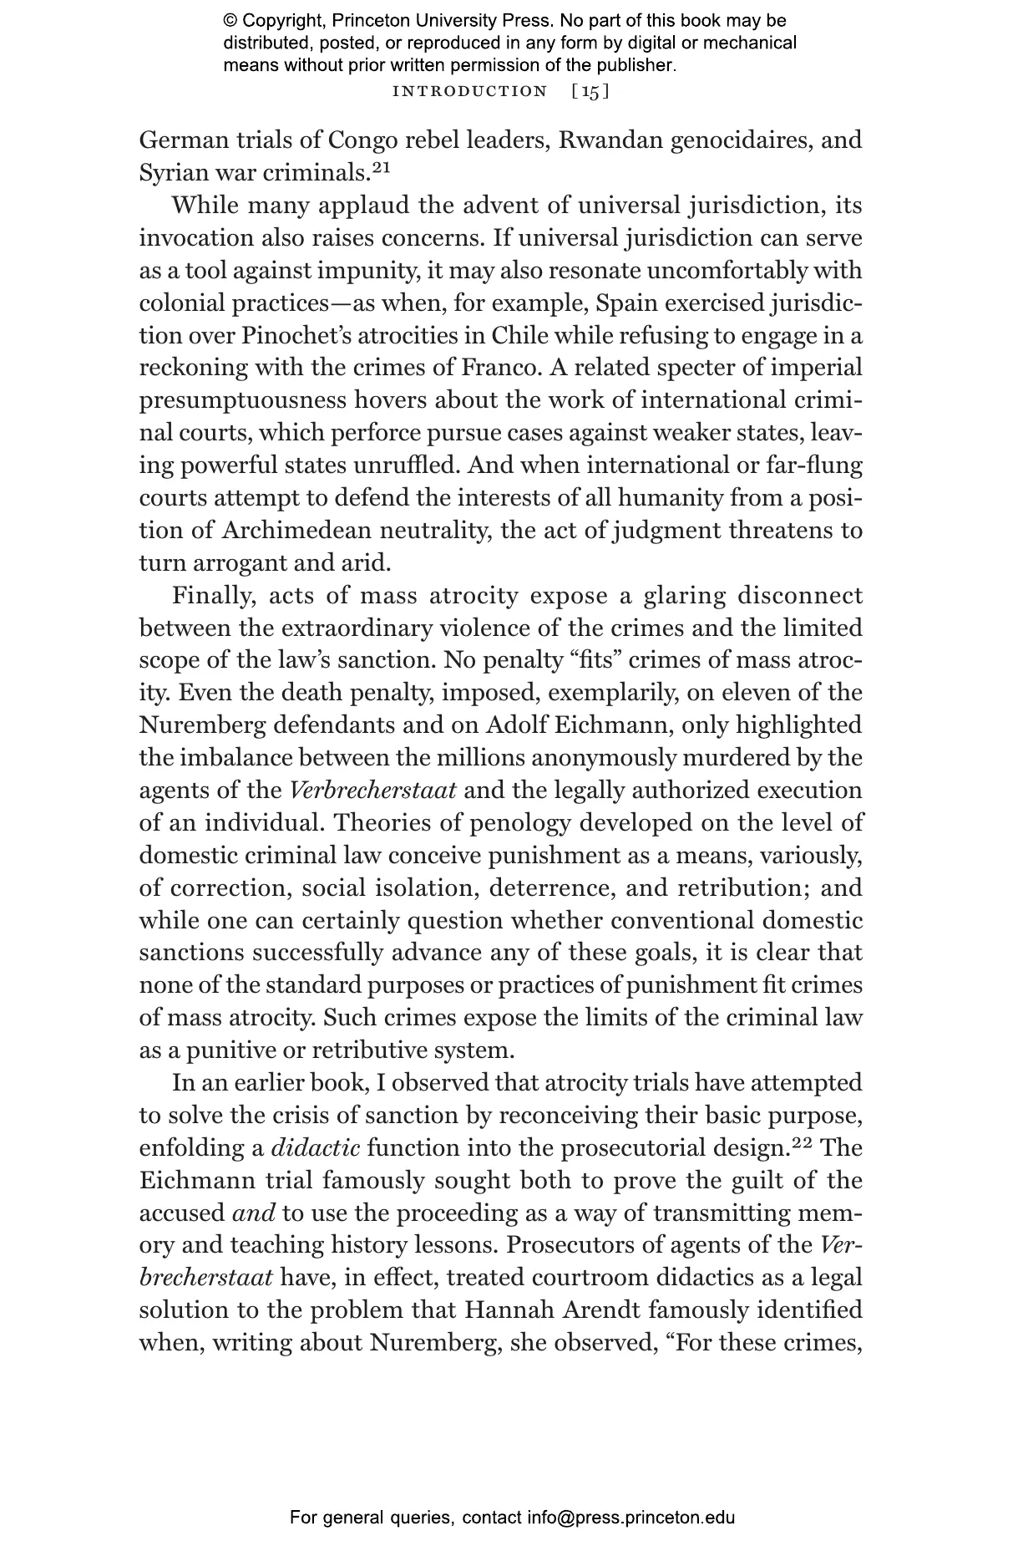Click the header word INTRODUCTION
[469, 91]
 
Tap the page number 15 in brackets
[590, 91]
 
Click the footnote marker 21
[381, 168]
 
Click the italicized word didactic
[316, 1148]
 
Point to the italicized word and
[252, 1213]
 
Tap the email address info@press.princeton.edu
[631, 1518]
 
